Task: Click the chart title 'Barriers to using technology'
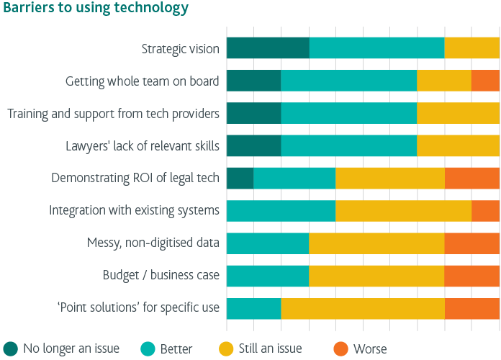95,9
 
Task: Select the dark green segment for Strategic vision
268,48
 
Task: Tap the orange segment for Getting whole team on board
485,81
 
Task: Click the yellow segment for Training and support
458,113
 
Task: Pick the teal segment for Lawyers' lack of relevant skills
348,145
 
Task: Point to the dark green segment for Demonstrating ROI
240,178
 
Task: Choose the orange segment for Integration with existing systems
485,210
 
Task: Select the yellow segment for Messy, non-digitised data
376,243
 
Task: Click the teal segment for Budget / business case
268,276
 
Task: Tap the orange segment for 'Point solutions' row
471,308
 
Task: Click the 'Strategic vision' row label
180,49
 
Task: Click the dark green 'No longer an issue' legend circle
10,349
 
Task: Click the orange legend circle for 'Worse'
340,349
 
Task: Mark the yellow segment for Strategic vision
471,48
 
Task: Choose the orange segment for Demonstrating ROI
471,178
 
